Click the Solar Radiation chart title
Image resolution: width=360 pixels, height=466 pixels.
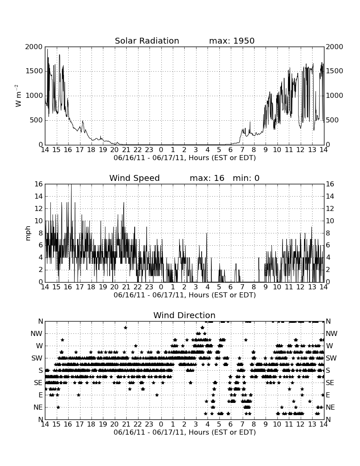pos(147,41)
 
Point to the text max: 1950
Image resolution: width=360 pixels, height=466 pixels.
pos(232,41)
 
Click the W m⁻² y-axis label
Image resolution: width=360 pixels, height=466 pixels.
pos(18,96)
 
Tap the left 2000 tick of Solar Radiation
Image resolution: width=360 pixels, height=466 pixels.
pos(34,47)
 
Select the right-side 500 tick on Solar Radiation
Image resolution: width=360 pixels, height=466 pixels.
pos(332,120)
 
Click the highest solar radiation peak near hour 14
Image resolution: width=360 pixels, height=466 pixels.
pos(47,49)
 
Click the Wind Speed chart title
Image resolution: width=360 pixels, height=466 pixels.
pos(135,178)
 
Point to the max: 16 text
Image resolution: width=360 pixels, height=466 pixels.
pos(207,178)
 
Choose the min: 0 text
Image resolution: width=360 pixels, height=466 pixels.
pos(246,178)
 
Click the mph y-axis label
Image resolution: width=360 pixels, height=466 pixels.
pos(28,233)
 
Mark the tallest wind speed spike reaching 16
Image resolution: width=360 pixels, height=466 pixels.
pos(71,185)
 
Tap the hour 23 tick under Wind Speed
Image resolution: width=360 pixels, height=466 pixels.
pos(149,287)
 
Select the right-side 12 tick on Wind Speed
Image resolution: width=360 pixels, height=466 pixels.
pos(330,208)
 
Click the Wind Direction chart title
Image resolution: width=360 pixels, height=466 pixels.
pos(184,315)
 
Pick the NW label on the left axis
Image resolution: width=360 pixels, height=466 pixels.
pos(36,334)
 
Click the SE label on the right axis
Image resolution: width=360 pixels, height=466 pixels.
pos(330,383)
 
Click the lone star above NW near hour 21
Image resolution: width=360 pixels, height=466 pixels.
pos(126,327)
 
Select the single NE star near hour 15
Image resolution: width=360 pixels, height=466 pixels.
pos(58,407)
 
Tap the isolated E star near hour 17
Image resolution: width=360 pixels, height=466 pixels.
pos(78,395)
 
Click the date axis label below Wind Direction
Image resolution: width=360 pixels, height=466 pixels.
pos(185,432)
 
